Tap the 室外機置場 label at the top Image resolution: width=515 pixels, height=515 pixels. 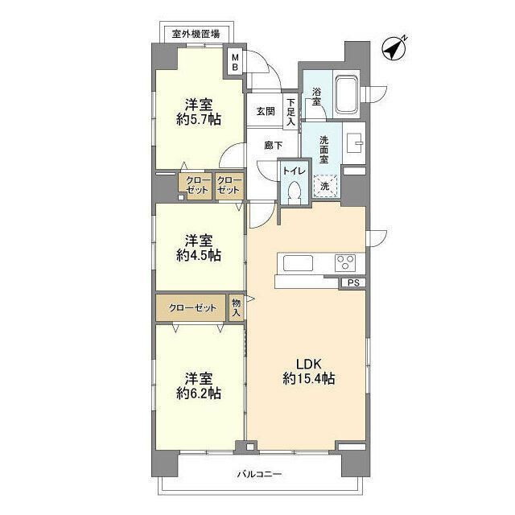click(199, 34)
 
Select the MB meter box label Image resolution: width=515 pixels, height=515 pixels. click(235, 62)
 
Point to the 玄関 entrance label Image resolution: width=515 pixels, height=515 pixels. click(266, 112)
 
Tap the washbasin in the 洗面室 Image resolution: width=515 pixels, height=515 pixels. click(356, 142)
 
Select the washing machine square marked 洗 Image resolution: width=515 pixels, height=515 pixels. click(325, 187)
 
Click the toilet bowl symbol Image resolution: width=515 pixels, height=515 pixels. click(294, 192)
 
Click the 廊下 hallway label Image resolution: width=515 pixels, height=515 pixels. click(274, 146)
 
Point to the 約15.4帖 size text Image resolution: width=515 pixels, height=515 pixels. click(308, 378)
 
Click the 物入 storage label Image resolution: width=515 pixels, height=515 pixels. click(236, 308)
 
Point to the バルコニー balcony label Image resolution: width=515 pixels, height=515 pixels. click(260, 474)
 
